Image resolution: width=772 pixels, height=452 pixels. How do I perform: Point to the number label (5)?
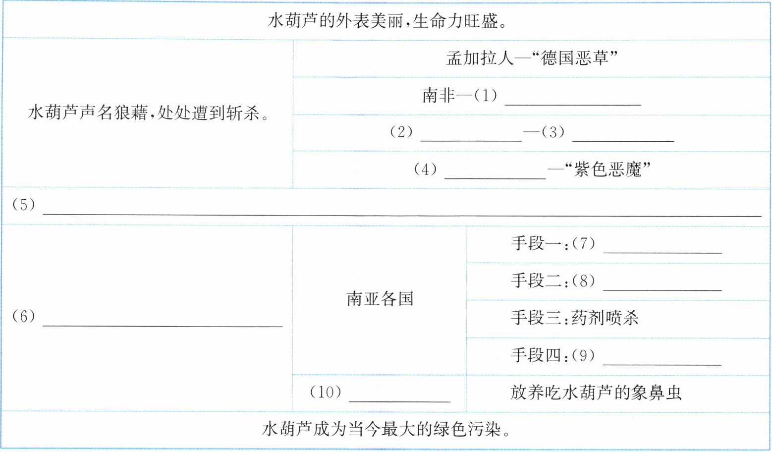pos(24,204)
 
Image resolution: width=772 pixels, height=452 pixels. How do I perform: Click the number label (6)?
pos(24,316)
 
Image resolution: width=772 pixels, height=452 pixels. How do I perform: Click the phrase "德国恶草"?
pos(575,58)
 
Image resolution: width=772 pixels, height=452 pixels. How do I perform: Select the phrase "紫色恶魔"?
pos(607,170)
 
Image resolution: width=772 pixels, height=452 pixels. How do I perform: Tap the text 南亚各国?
pos(380,299)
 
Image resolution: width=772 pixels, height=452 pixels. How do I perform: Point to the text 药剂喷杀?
pos(605,318)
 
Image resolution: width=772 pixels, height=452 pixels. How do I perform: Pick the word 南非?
pos(438,95)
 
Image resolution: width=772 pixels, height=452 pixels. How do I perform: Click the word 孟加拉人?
pos(480,58)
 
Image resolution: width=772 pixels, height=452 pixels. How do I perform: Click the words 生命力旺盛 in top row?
pos(455,21)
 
